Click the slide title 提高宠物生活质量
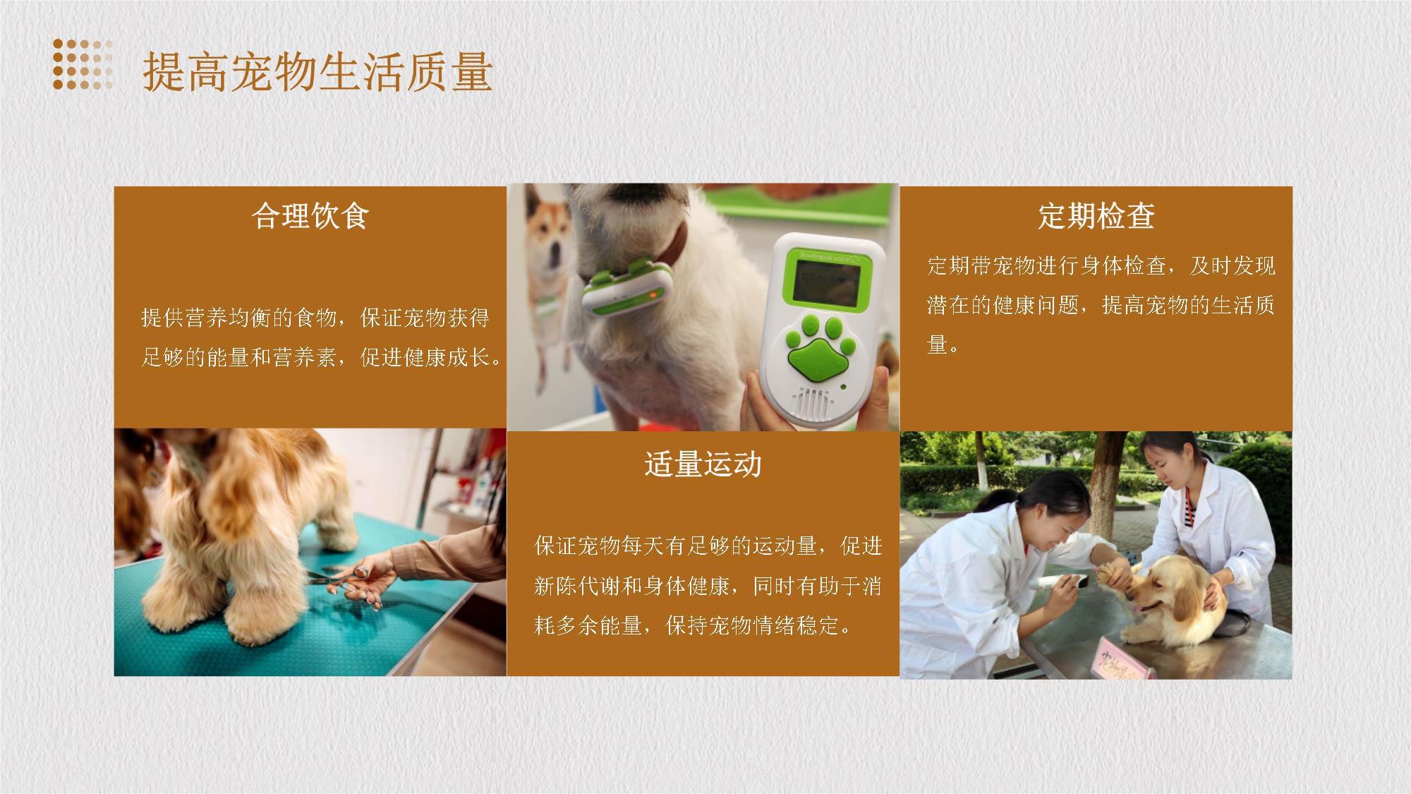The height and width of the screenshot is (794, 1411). (317, 72)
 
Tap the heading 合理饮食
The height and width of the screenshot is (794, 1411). (310, 215)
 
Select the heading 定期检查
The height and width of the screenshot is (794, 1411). (1096, 215)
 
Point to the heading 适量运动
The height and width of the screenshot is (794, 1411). (703, 464)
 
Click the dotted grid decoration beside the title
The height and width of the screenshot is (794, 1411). (83, 64)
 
